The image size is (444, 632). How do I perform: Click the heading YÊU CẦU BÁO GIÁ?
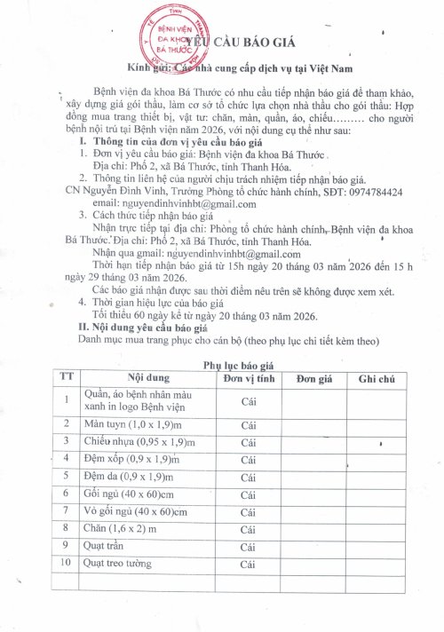coord(238,43)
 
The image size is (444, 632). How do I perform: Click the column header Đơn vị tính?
coord(249,378)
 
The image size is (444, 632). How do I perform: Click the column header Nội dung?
coord(134,378)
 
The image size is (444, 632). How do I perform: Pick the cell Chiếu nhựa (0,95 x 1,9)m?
coord(133,441)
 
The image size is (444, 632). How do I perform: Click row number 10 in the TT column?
coord(65,562)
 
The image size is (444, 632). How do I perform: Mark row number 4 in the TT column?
coord(65,458)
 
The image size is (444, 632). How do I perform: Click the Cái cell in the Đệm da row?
coord(249,476)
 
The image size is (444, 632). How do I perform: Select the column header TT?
coord(65,378)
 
